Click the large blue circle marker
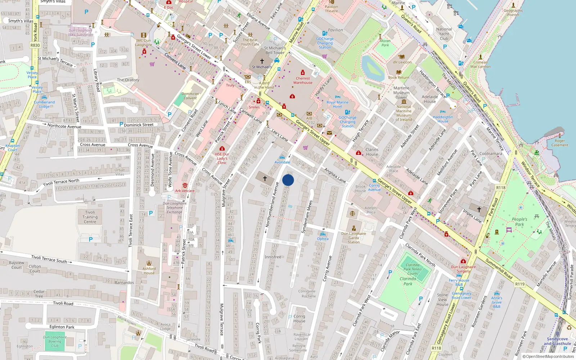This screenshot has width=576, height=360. coord(288,180)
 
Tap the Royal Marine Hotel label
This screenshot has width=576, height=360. coord(337,104)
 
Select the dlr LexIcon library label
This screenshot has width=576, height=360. coord(402,62)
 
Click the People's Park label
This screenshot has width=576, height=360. coord(519,221)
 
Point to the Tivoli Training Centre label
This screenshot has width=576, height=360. coord(90,217)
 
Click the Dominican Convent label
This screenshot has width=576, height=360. coord(190,96)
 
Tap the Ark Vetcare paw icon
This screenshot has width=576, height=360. coord(185,185)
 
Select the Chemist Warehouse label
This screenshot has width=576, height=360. coord(303,80)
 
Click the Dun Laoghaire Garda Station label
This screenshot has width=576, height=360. coord(354,238)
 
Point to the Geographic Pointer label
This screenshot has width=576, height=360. coord(513,13)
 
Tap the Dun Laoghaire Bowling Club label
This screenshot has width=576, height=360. coord(55,341)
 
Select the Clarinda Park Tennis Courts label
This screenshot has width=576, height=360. coord(413,269)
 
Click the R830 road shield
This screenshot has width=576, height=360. coord(35,45)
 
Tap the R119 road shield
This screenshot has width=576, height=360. coord(520,284)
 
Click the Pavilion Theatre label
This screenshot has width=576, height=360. coord(331,9)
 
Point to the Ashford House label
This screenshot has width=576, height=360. coord(149,271)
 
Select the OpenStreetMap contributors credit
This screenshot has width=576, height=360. coord(548,357)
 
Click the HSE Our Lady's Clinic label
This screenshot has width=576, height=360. coord(222,158)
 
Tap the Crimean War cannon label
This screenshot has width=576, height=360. coord(480,64)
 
